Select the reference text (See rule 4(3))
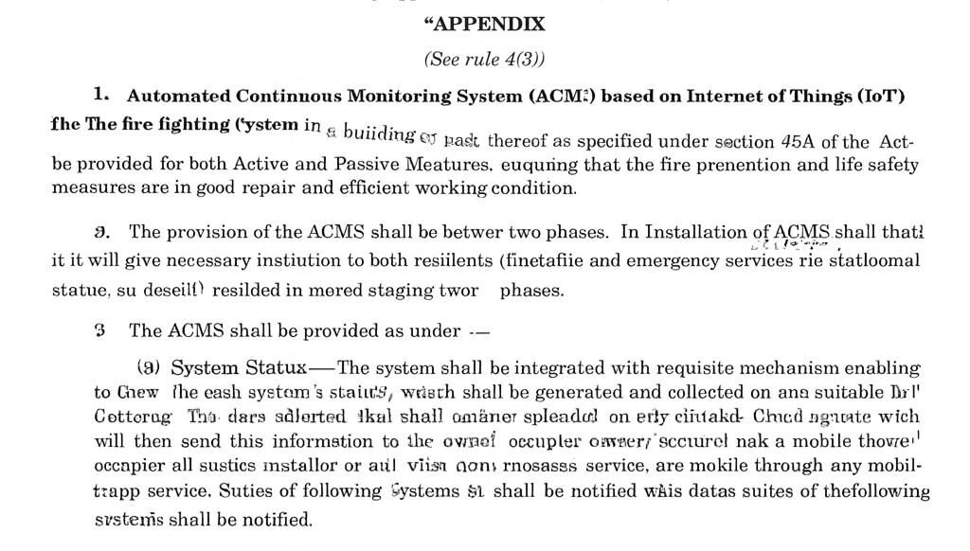[x=484, y=60]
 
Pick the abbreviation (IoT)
[x=881, y=97]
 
